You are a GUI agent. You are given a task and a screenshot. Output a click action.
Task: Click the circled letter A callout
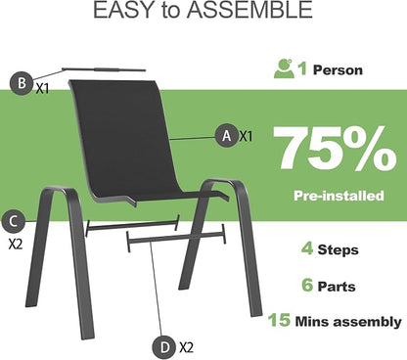pyautogui.click(x=227, y=135)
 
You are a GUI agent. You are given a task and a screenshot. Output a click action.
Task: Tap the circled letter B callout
pyautogui.click(x=22, y=83)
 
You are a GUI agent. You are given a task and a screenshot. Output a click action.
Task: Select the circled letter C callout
pyautogui.click(x=13, y=221)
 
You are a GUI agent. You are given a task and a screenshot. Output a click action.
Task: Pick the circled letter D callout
pyautogui.click(x=165, y=347)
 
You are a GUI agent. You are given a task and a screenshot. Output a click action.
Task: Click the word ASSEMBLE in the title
pyautogui.click(x=249, y=10)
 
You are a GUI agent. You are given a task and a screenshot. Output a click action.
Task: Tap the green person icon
pyautogui.click(x=284, y=68)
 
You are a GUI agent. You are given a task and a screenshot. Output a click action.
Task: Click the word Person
pyautogui.click(x=338, y=70)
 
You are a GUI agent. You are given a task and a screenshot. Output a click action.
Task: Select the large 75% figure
pyautogui.click(x=335, y=149)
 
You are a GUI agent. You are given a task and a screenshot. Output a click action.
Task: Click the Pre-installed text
pyautogui.click(x=339, y=196)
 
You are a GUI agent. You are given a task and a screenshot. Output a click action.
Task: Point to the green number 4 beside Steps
pyautogui.click(x=307, y=248)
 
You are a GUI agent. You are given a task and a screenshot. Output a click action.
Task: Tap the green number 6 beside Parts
pyautogui.click(x=307, y=285)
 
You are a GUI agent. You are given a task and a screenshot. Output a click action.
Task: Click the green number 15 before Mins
pyautogui.click(x=279, y=319)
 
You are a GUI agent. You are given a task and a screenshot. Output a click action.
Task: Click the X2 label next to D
pyautogui.click(x=186, y=347)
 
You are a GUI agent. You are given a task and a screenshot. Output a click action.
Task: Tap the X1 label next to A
pyautogui.click(x=247, y=136)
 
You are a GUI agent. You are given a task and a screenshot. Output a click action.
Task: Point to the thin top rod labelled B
pyautogui.click(x=104, y=69)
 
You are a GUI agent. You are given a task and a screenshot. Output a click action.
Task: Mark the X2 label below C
pyautogui.click(x=16, y=244)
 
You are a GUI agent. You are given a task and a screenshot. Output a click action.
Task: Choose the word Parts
pyautogui.click(x=337, y=287)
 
